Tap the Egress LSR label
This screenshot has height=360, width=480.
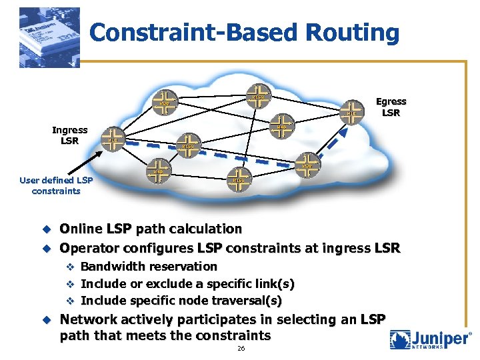point(391,107)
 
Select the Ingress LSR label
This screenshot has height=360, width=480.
point(69,135)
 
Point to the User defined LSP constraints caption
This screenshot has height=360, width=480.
point(56,185)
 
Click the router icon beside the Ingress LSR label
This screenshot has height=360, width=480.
point(113,138)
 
